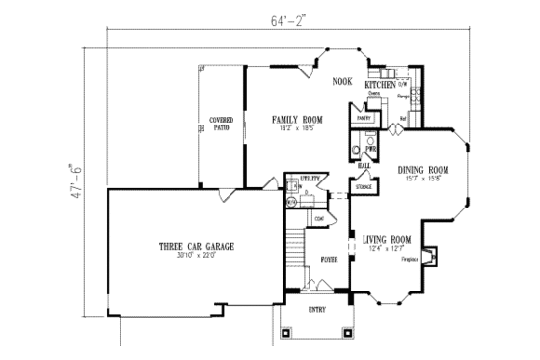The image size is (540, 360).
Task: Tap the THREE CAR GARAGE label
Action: pos(196,247)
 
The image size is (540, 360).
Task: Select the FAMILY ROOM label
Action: pos(296,120)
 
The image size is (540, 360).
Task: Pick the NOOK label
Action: pos(342,82)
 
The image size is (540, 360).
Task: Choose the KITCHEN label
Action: pos(380,85)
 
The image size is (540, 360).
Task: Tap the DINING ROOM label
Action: pos(423,170)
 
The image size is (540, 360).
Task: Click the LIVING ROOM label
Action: pos(387,239)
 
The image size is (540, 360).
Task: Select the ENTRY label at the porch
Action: pos(316,310)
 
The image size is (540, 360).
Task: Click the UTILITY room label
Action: pos(309,179)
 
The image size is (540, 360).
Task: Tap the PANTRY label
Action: pos(364,118)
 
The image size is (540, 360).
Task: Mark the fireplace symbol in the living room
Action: pos(433,256)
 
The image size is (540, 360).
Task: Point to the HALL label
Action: pos(364,165)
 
